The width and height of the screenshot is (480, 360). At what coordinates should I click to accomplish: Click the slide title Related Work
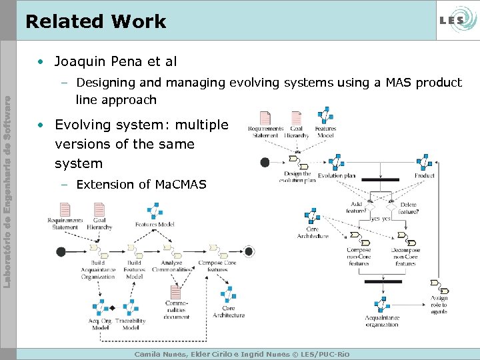[x=95, y=21]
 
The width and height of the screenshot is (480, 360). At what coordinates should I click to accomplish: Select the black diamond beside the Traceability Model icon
[x=112, y=308]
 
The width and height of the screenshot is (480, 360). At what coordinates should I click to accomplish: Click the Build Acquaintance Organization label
[x=98, y=269]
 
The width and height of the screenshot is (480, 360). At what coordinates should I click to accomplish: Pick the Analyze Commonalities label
[x=171, y=266]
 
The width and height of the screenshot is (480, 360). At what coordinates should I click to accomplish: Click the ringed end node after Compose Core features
[x=249, y=251]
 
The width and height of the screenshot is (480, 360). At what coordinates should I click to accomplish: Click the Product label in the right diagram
[x=424, y=176]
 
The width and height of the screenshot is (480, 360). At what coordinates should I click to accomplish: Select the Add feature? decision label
[x=356, y=207]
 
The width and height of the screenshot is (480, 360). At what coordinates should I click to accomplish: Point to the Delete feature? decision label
[x=409, y=207]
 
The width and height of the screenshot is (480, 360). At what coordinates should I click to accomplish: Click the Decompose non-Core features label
[x=405, y=257]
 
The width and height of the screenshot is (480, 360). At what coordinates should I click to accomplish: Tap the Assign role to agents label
[x=439, y=305]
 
